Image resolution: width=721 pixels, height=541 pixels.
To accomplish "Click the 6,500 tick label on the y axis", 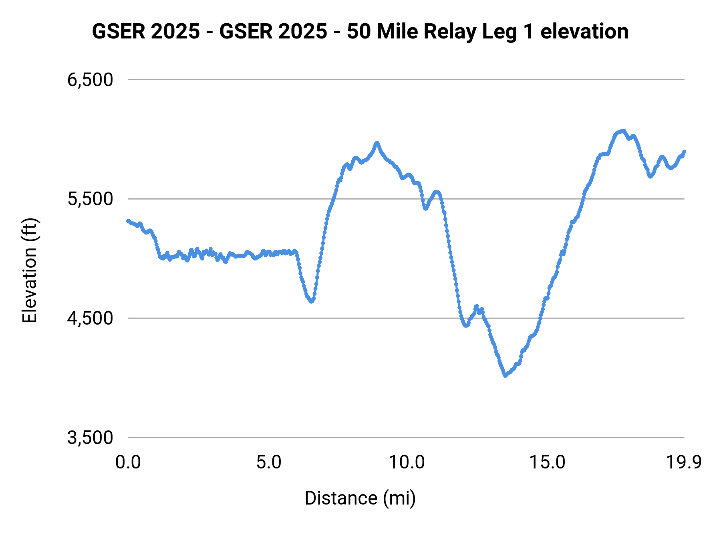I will (x=90, y=80).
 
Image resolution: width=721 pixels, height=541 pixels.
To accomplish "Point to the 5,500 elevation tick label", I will (x=90, y=199).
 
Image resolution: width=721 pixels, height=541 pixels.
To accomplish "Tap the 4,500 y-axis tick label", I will (x=90, y=318).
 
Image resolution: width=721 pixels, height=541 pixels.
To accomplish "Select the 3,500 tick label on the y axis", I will (x=90, y=438).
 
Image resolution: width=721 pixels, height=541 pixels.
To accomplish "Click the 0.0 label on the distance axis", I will (x=128, y=462).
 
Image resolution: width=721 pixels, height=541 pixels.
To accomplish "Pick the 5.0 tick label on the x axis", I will (x=269, y=462).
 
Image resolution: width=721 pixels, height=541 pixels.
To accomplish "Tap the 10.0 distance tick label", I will (x=407, y=462).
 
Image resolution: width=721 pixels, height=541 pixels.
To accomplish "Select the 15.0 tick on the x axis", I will (x=547, y=462).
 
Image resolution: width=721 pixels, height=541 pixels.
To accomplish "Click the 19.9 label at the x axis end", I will (x=684, y=462).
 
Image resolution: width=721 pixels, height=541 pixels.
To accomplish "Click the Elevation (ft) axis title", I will (x=29, y=270).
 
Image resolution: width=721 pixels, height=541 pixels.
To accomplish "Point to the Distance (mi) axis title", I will (x=360, y=498).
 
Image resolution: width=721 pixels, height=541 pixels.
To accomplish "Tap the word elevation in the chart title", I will (x=584, y=31).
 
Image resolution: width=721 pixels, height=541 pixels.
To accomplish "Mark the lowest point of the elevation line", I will (x=505, y=376).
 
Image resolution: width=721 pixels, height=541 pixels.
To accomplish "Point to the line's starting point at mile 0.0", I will (x=128, y=221).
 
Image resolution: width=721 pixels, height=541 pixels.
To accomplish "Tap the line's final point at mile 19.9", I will (x=685, y=151).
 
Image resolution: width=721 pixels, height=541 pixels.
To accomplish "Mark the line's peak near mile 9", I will (x=377, y=143).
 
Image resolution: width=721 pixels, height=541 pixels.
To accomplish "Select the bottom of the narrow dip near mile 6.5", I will (x=312, y=301).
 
